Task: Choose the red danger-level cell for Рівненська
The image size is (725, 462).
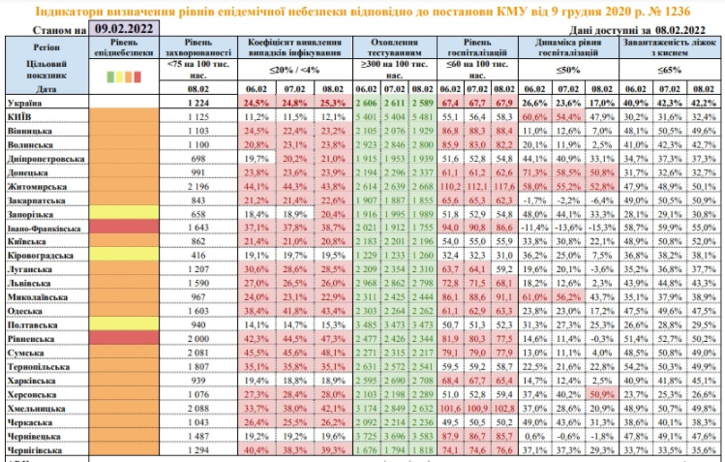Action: (123, 339)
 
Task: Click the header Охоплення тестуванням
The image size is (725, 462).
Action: (392, 50)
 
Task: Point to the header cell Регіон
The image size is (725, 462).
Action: (45, 46)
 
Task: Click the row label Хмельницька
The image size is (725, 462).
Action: (37, 411)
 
